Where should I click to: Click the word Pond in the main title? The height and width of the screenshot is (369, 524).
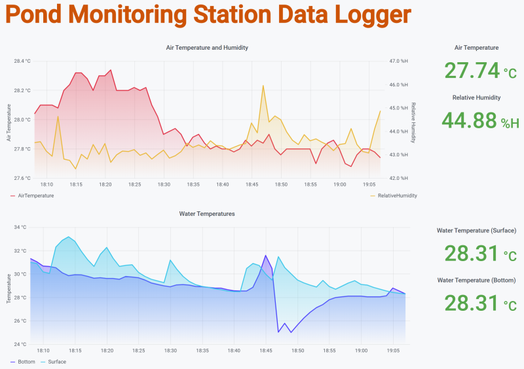pyautogui.click(x=33, y=15)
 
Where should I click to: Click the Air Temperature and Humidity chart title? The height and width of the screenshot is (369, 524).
pyautogui.click(x=207, y=48)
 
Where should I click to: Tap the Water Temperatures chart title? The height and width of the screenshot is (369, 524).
pyautogui.click(x=207, y=214)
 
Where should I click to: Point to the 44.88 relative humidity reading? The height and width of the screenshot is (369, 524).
pyautogui.click(x=470, y=120)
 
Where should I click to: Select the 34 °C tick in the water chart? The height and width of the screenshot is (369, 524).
pyautogui.click(x=20, y=227)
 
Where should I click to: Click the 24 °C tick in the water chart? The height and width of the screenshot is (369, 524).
pyautogui.click(x=20, y=344)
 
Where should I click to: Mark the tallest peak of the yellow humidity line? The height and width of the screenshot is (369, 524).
pyautogui.click(x=263, y=85)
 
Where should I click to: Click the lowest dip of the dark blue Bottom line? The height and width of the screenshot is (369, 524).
pyautogui.click(x=279, y=332)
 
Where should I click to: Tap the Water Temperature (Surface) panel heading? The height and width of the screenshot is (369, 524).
pyautogui.click(x=476, y=230)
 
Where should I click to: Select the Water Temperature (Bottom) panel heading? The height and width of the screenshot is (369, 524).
pyautogui.click(x=476, y=280)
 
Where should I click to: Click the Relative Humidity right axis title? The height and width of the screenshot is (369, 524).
pyautogui.click(x=413, y=122)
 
